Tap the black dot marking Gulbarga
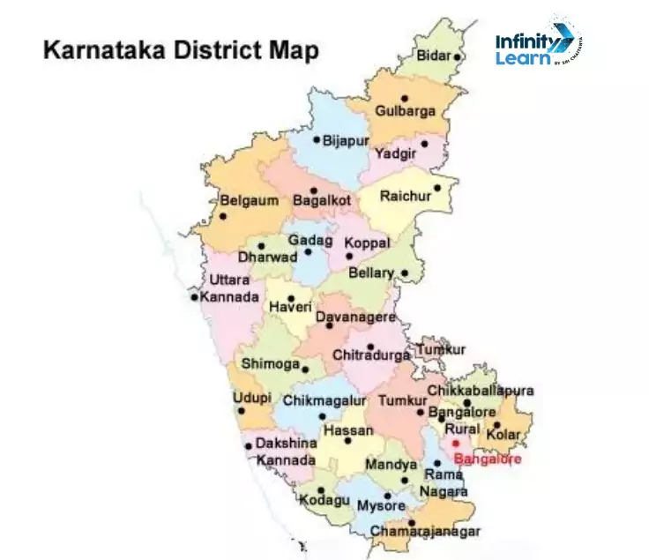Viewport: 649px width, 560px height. click(x=405, y=98)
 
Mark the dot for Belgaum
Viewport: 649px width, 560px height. click(x=223, y=216)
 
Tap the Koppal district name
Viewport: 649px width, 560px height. click(x=366, y=242)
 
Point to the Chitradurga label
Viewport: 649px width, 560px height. click(x=371, y=355)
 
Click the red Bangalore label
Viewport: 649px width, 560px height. click(x=487, y=459)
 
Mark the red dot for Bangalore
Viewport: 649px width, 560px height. click(x=456, y=443)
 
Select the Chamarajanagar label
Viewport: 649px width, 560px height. click(x=425, y=532)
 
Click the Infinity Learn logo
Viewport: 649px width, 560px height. click(x=537, y=42)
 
